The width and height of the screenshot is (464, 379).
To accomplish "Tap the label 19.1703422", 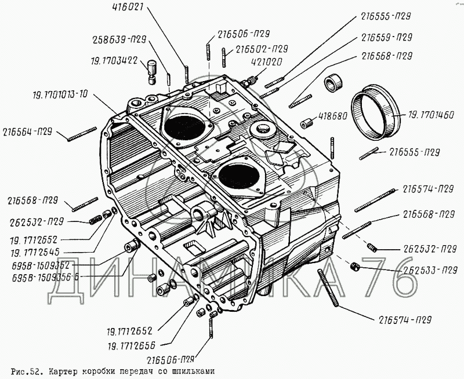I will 114,59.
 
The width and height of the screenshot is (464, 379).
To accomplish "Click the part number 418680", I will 332,116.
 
